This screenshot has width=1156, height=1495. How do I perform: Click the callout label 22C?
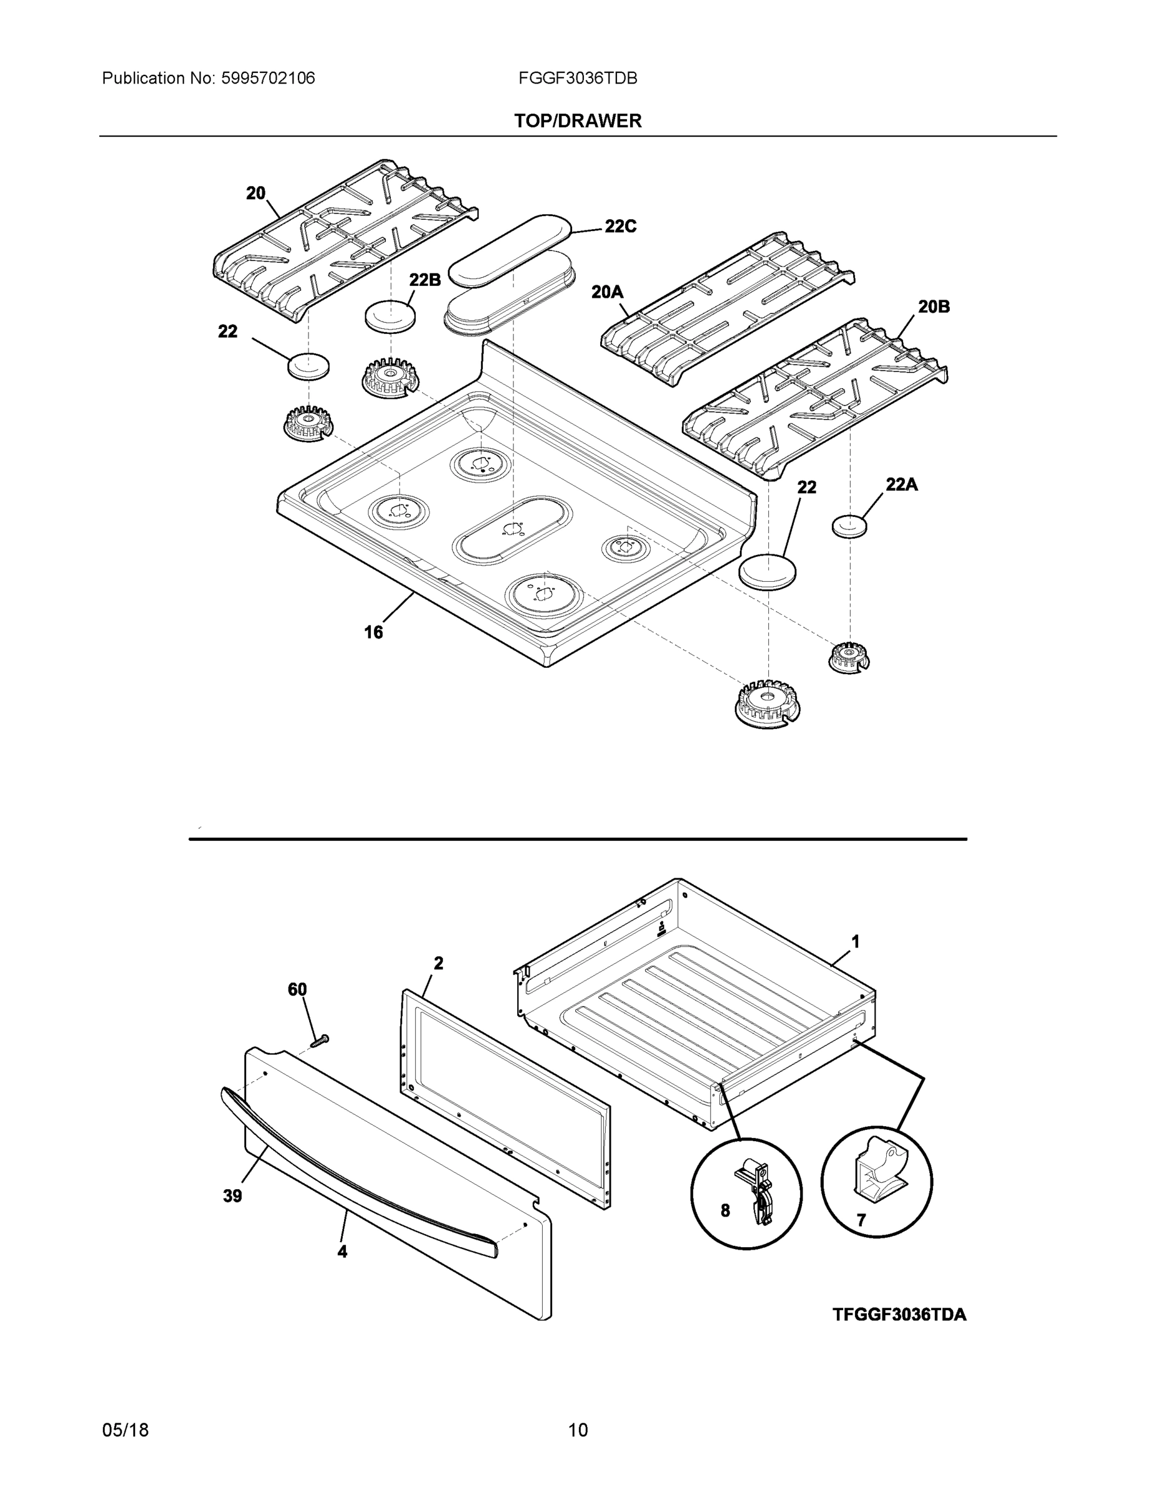coord(621,226)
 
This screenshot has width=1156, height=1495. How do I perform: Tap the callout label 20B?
coord(934,306)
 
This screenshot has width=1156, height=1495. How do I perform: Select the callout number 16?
coord(373,632)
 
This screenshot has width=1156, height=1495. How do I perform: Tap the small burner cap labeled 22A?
coord(849,526)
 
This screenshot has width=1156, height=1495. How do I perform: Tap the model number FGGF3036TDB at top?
coord(577,78)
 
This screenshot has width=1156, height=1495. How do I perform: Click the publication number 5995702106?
coord(269,78)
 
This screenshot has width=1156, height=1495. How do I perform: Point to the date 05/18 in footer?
coord(125,1430)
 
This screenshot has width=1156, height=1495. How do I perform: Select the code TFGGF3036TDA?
coord(899,1314)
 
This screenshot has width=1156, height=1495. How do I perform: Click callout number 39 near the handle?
coord(232,1196)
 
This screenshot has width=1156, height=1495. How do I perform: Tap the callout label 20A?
coord(607,292)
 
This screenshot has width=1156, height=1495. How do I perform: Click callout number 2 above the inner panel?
coord(438,963)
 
